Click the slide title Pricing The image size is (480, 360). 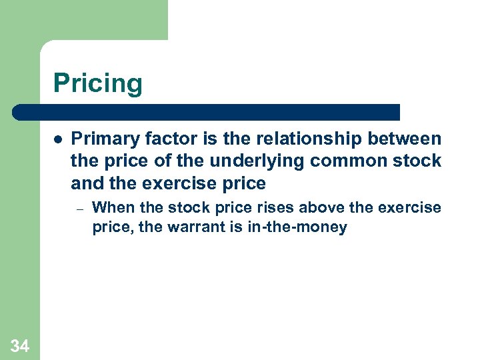pyautogui.click(x=98, y=84)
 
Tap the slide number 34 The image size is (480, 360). pyautogui.click(x=20, y=345)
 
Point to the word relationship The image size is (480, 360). pyautogui.click(x=301, y=139)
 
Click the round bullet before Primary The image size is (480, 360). pyautogui.click(x=58, y=140)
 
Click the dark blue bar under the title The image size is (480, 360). pyautogui.click(x=207, y=112)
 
